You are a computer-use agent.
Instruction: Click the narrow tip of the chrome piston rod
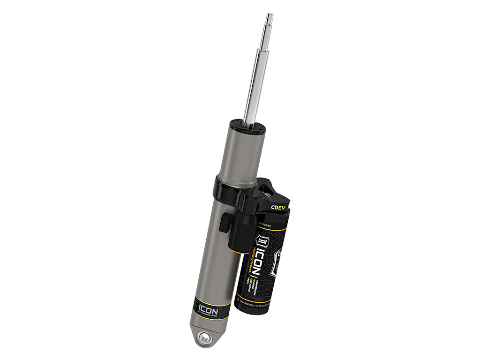pyautogui.click(x=270, y=18)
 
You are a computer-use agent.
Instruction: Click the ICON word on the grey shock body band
pyautogui.click(x=208, y=309)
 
